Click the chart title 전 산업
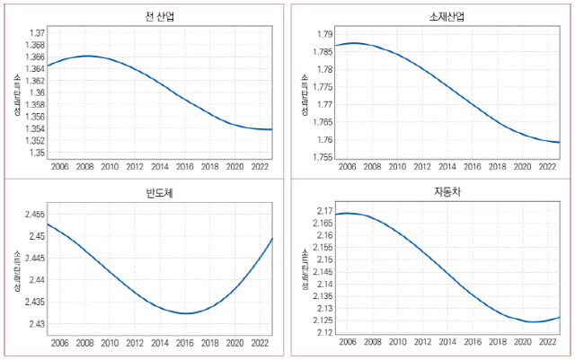146,17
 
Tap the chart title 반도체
146,192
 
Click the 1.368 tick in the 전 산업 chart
35,45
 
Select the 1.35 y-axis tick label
37,153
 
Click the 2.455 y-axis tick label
35,215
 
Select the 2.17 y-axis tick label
324,210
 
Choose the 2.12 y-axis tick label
324,332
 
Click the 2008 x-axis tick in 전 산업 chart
84,166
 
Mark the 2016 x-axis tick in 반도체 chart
184,342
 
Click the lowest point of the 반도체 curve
184,313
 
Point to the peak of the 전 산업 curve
86,56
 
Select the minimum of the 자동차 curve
533,321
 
